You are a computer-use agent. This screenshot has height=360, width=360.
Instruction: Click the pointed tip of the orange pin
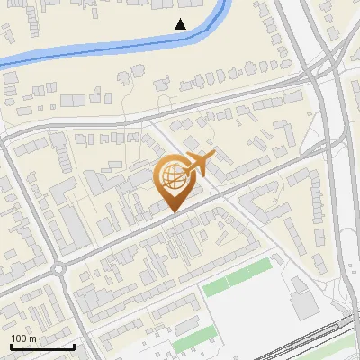click(173, 211)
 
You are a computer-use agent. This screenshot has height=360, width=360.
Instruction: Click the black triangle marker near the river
click(181, 23)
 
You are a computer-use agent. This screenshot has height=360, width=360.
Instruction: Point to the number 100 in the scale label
click(20, 338)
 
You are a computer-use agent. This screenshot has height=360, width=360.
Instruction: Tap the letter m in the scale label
click(32, 338)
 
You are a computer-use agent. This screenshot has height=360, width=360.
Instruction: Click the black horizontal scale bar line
click(42, 346)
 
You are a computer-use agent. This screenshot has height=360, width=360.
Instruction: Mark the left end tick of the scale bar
click(11, 346)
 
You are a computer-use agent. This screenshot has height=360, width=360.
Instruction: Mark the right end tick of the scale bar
click(74, 346)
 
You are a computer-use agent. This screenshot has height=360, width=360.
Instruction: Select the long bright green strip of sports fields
click(236, 276)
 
